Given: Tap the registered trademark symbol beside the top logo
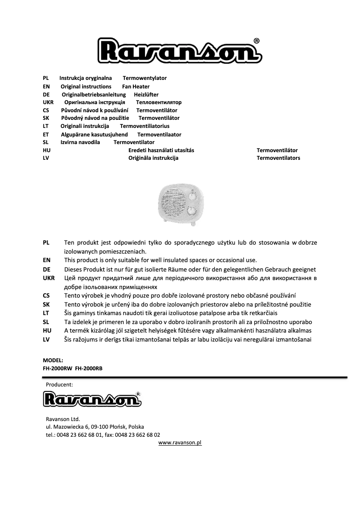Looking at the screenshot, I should tap(256, 40).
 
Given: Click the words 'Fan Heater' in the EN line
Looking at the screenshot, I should tap(136, 87).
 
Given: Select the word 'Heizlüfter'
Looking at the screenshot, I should tap(146, 95).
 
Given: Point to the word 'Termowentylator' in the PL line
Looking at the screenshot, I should tap(145, 78).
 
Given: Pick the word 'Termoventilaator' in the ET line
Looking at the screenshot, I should tap(159, 134).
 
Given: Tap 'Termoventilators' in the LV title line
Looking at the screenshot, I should tap(278, 158).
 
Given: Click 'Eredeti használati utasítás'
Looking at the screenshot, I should tap(161, 150).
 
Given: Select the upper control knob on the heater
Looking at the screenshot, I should tap(193, 195).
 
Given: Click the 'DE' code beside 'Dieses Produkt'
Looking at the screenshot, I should tap(46, 270).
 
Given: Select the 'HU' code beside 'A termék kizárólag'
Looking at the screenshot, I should tap(46, 330).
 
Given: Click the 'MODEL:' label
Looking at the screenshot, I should tap(53, 360).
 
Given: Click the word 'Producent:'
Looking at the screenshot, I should tap(59, 385).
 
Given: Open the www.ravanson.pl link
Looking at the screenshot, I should tap(180, 443).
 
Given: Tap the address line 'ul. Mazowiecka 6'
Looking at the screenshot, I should tap(67, 427).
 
